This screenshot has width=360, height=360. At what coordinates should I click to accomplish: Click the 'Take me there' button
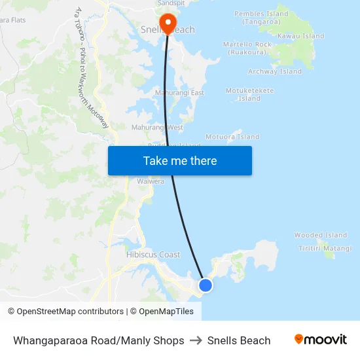click(179, 160)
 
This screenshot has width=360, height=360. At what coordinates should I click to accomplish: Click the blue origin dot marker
click(206, 285)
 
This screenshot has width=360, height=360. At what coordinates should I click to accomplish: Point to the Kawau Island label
click(300, 36)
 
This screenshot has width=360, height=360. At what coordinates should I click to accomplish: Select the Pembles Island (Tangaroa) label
click(261, 18)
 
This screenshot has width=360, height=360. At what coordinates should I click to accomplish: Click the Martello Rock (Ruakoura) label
click(247, 48)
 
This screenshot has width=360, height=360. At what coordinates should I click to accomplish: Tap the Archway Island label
click(275, 71)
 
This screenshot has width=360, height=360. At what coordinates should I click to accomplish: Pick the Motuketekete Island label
click(249, 94)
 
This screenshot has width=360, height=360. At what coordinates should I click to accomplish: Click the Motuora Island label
click(232, 137)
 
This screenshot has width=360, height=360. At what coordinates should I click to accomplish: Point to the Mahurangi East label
click(179, 93)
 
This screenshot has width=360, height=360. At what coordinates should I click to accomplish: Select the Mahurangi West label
click(157, 127)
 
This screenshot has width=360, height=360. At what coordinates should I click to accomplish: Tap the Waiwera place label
click(150, 181)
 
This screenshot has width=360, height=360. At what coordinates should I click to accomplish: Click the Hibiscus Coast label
click(153, 255)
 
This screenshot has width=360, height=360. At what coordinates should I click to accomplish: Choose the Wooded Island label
click(321, 235)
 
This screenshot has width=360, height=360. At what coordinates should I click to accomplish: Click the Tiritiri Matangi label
click(325, 248)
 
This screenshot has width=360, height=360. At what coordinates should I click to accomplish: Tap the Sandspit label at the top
click(171, 3)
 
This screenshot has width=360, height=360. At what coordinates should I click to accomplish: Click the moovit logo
click(321, 340)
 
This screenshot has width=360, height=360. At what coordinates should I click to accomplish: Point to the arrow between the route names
click(196, 340)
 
